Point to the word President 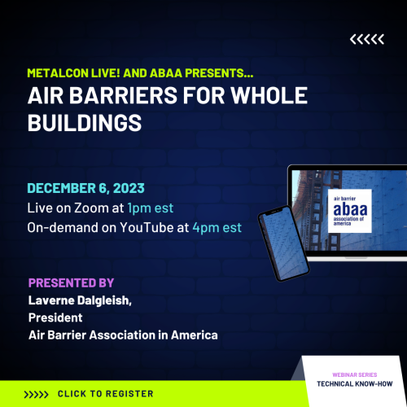pyautogui.click(x=55, y=319)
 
